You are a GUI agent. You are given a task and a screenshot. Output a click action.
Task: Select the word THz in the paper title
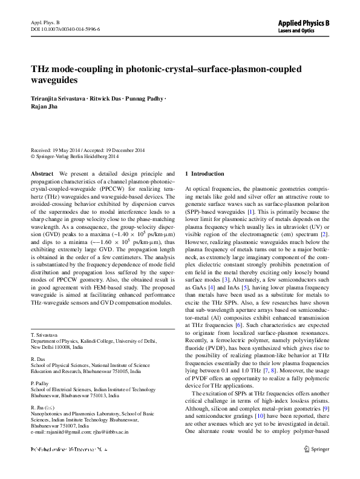coord(41,69)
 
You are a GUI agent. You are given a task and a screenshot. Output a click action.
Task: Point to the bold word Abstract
coord(42,173)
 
